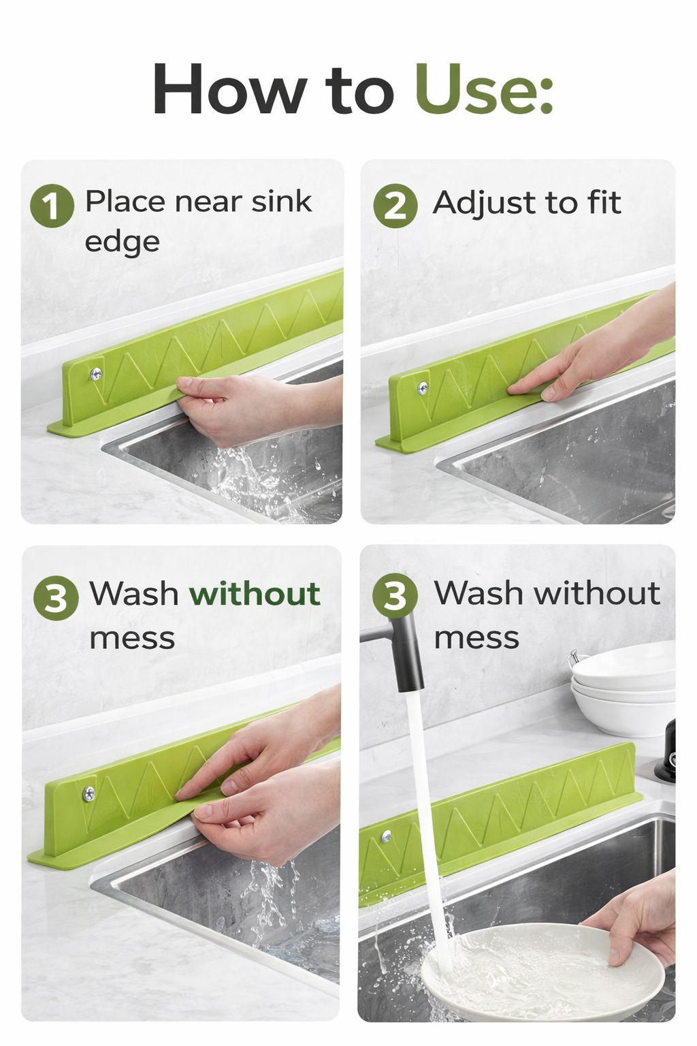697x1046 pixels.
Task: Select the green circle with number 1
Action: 52,206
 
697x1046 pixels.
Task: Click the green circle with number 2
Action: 395,206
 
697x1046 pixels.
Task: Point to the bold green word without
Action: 255,594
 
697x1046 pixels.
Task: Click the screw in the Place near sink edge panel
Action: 96,373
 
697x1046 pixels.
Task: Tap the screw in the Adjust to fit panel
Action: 423,388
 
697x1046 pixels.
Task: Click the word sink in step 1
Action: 281,202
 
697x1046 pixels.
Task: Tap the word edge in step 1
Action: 122,242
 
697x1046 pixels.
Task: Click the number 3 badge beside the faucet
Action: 395,596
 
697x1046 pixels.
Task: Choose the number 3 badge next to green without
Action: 56,598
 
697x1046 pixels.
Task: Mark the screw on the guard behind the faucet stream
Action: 387,836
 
